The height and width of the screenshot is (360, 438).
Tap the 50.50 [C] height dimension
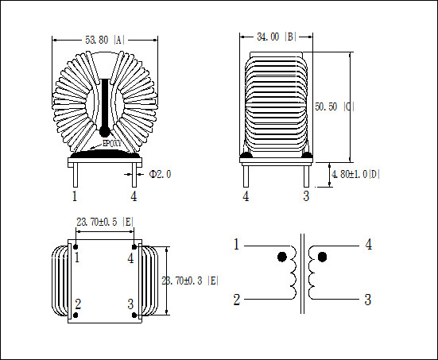pos(334,106)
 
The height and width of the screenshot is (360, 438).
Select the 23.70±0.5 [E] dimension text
pos(105,223)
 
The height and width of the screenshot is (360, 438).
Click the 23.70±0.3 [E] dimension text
pos(190,281)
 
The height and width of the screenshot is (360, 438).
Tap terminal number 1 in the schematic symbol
pos(236,245)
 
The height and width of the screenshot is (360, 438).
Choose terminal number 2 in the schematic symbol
pos(236,300)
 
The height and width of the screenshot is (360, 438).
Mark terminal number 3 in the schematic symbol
pos(367,300)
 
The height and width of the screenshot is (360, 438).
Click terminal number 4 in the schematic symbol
pos(368,245)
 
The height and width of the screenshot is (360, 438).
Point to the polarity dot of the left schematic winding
pos(281,257)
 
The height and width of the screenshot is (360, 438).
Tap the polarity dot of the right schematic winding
pos(323,257)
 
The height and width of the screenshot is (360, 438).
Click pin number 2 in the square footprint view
pos(78,304)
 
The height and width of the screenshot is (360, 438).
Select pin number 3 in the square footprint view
pos(130,304)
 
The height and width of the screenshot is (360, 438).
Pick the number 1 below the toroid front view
pos(75,195)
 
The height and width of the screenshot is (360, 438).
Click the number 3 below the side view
pos(305,196)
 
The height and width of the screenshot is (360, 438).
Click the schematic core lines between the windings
pos(302,274)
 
